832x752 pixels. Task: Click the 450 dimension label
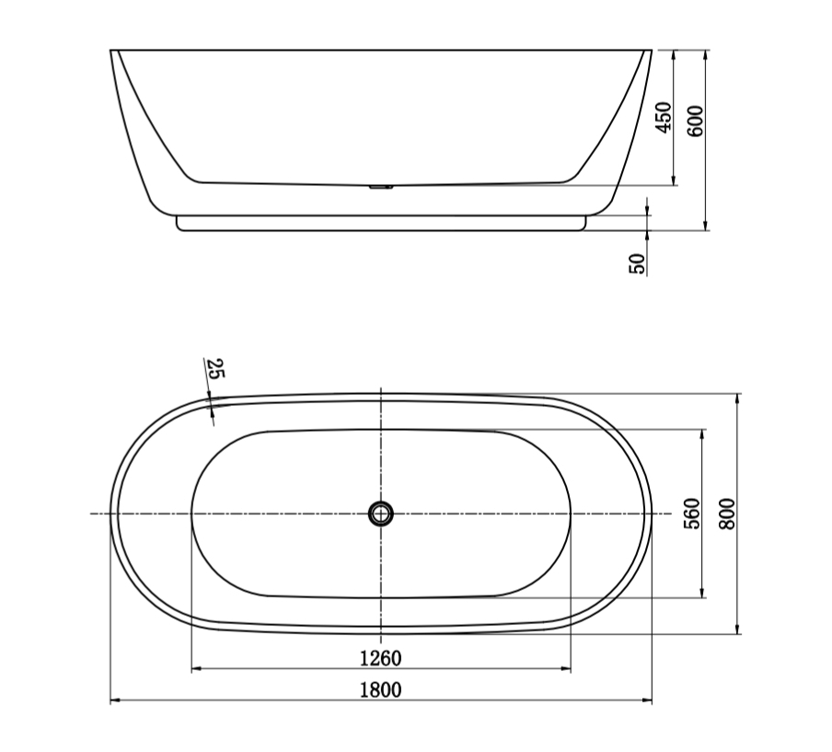pos(663,118)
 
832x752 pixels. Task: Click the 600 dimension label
pos(696,121)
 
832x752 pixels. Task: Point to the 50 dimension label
pos(637,263)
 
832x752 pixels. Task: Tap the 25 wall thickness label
pos(215,370)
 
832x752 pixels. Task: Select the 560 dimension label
pos(693,513)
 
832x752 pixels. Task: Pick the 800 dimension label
pos(726,513)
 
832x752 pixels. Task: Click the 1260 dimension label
pos(380,658)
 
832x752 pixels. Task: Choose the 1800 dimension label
pos(380,689)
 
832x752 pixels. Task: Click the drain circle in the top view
pos(381,513)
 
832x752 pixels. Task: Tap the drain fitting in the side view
pos(381,187)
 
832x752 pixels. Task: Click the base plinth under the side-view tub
pos(381,223)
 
